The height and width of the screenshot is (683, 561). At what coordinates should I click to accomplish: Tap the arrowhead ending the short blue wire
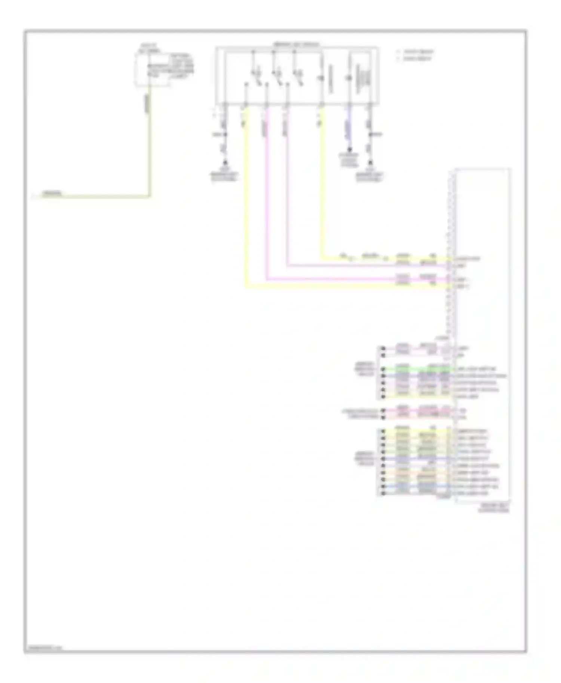(x=349, y=149)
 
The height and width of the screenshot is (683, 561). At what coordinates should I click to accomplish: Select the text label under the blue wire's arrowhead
(x=349, y=160)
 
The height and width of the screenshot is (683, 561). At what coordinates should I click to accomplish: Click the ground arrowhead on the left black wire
(x=225, y=163)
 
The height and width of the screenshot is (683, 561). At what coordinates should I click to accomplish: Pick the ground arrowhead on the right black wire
(x=370, y=163)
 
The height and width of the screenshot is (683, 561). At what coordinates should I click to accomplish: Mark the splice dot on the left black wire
(x=225, y=134)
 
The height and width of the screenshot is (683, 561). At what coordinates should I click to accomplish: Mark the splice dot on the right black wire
(x=370, y=134)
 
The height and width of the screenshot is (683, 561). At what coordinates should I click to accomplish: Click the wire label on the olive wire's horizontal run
(x=52, y=194)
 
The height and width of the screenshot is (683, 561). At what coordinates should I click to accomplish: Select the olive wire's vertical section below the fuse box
(x=150, y=149)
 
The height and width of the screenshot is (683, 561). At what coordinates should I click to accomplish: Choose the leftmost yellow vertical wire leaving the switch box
(x=246, y=194)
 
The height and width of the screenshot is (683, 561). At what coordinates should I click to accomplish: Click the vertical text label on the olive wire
(x=147, y=102)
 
